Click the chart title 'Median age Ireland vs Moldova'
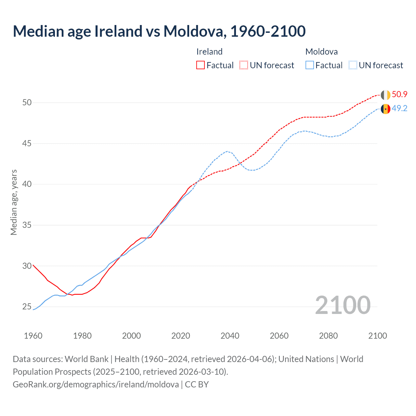point(159,31)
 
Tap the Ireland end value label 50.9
point(399,95)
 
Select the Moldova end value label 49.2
point(399,109)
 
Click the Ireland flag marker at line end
point(385,95)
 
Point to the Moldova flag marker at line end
point(385,109)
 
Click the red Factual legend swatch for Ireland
point(201,65)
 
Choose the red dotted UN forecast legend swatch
point(244,65)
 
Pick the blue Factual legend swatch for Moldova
point(310,65)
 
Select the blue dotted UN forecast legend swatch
point(353,65)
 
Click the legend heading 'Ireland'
point(209,52)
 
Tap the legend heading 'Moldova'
point(321,52)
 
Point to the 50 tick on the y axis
point(27,103)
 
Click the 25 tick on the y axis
point(27,307)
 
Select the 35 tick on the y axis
point(27,225)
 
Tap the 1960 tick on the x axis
point(33,336)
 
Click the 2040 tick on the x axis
point(230,336)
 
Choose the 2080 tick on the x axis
point(328,336)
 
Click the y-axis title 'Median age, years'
point(14,202)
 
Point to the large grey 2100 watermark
point(343,305)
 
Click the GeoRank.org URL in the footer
point(96,384)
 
